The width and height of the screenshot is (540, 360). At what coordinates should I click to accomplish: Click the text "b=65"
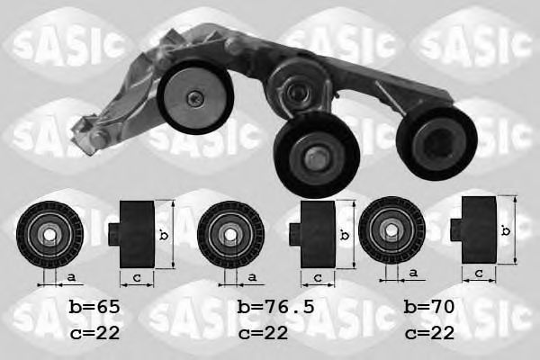pos(94,307)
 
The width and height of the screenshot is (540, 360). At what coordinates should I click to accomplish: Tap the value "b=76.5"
pos(275,307)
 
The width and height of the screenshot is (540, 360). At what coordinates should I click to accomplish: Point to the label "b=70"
pos(429,307)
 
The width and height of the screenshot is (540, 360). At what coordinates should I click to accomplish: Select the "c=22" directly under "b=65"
pos(94,333)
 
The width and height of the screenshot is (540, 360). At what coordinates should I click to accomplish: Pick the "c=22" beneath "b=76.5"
pos(264,333)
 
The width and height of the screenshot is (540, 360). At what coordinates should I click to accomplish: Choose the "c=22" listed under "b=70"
pos(429,333)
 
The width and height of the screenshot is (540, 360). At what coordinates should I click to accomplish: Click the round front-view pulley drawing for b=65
pos(49,235)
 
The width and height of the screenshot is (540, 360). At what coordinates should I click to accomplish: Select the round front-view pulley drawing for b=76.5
pos(230,235)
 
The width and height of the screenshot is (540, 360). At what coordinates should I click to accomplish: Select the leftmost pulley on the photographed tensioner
pos(194,98)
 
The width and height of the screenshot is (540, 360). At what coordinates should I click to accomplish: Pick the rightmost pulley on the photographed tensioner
pos(436,139)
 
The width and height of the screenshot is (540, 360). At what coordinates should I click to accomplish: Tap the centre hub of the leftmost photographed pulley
pos(194,99)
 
